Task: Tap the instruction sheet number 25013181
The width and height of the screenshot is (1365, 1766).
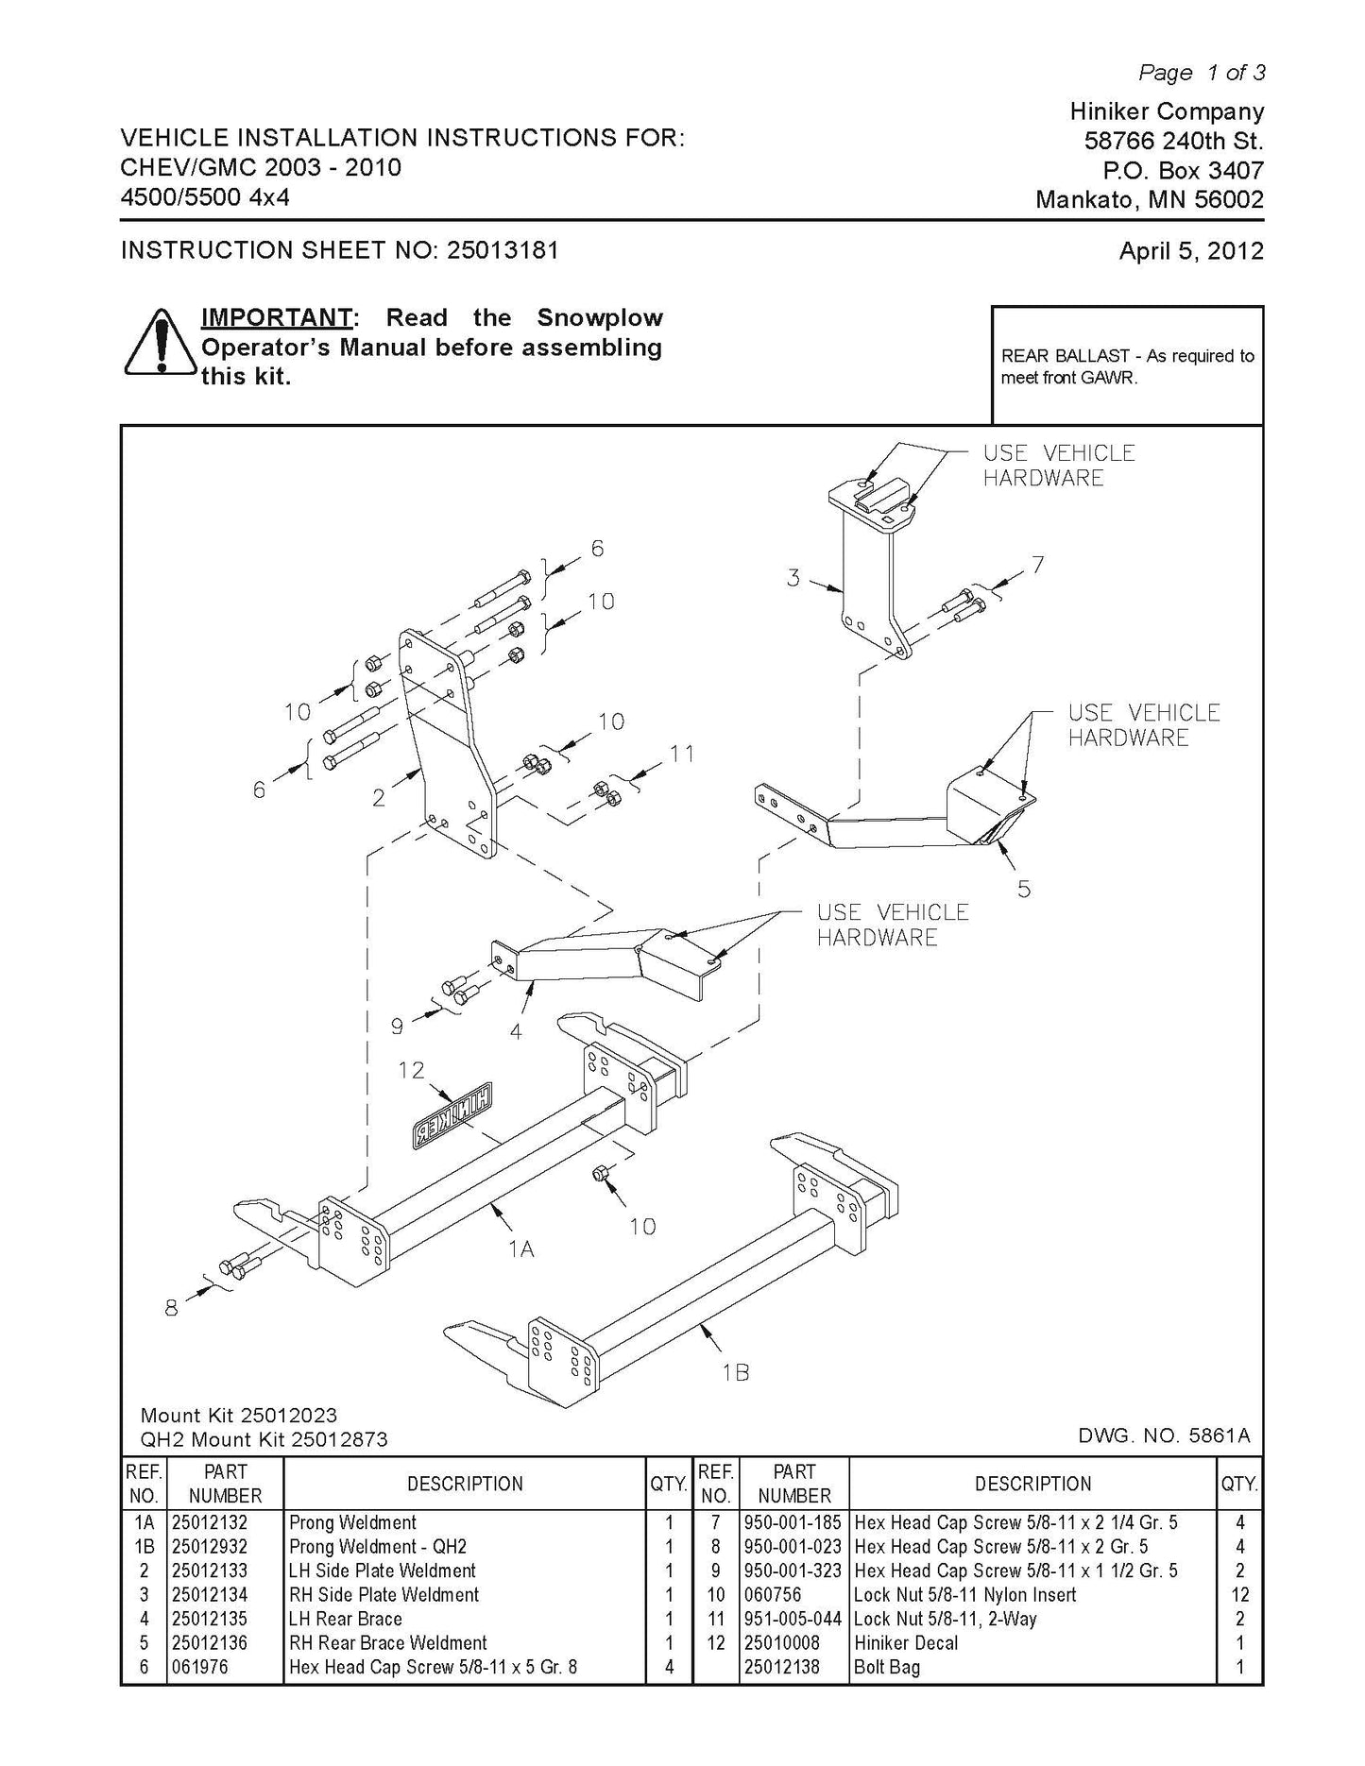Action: (x=503, y=250)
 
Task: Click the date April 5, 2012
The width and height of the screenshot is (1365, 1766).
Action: (x=1191, y=251)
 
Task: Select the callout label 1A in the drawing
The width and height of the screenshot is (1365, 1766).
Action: (x=520, y=1248)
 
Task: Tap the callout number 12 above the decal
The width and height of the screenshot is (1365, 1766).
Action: (x=411, y=1069)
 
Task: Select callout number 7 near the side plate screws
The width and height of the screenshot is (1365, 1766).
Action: (x=1037, y=564)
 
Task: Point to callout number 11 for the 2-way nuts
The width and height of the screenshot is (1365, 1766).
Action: (x=681, y=753)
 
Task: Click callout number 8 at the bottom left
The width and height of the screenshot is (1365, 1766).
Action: (x=171, y=1308)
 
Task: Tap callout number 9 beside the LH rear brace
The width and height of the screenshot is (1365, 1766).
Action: (x=398, y=1026)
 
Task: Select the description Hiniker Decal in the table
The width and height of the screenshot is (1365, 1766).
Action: (x=905, y=1642)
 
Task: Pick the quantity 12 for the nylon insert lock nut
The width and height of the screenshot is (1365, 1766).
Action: (x=1239, y=1594)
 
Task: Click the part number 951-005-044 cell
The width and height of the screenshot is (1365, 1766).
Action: (x=793, y=1619)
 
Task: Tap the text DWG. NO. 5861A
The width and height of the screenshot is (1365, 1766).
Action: (x=1164, y=1435)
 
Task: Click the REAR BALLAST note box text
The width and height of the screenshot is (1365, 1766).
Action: (x=1127, y=366)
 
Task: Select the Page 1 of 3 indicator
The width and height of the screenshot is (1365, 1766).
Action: (x=1201, y=72)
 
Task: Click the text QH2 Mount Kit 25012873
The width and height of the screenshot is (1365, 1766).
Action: (x=264, y=1439)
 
